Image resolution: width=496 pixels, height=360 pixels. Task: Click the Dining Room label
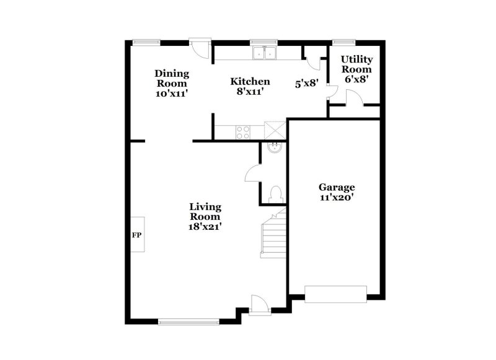(x=171, y=78)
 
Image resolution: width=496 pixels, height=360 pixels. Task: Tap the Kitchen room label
(x=250, y=81)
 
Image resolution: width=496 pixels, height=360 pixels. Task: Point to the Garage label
(x=337, y=187)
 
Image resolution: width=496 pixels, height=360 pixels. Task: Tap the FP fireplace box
(x=137, y=235)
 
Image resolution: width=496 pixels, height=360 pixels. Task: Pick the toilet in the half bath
(x=277, y=191)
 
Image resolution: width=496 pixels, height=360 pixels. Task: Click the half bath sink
(x=273, y=147)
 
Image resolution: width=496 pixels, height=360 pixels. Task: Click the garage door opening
(x=336, y=293)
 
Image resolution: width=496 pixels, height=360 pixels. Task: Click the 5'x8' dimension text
(x=306, y=82)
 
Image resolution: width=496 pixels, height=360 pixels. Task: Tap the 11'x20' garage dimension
(x=337, y=198)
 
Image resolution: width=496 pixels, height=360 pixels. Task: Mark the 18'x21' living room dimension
(x=205, y=227)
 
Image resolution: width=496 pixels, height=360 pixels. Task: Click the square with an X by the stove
(x=274, y=131)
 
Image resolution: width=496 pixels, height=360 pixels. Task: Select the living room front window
(x=188, y=321)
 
